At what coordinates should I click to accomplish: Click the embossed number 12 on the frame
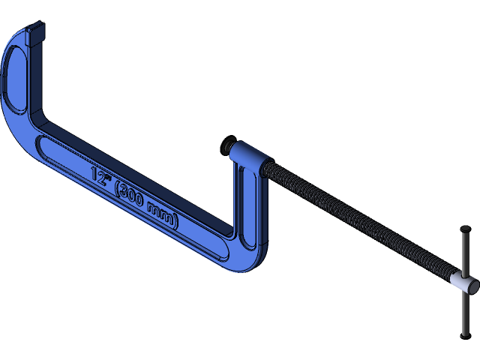point(98,175)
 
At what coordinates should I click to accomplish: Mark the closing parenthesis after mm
point(176,221)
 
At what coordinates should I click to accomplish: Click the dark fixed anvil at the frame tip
point(35,33)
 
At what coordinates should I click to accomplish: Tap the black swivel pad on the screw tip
point(228,143)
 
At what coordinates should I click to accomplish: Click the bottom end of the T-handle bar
point(464,334)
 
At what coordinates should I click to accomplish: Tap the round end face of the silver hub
point(472,286)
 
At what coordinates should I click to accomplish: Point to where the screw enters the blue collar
point(267,168)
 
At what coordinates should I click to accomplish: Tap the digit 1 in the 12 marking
point(94,173)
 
